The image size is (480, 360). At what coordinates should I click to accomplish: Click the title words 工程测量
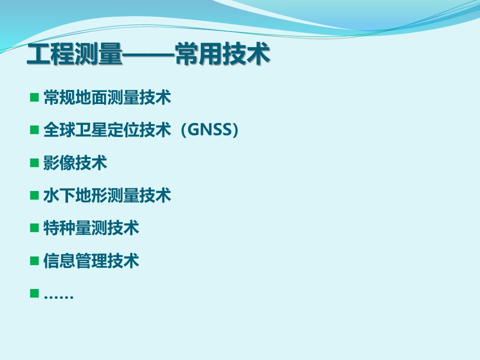tap(74, 54)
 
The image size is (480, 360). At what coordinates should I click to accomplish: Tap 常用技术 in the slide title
tap(222, 54)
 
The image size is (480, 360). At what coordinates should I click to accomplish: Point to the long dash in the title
tap(149, 55)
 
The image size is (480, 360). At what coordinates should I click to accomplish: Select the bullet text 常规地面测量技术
tap(107, 97)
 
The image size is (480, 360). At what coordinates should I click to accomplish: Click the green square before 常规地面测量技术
tap(34, 97)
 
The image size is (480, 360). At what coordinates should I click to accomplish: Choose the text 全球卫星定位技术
tap(107, 130)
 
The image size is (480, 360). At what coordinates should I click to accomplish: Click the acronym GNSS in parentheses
tap(209, 130)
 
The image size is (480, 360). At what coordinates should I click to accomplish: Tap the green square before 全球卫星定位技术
tap(34, 130)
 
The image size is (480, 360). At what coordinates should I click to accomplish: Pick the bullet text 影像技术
tap(75, 162)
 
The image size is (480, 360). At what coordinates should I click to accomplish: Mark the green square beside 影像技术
tap(34, 162)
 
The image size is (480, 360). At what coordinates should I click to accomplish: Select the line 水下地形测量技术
tap(107, 195)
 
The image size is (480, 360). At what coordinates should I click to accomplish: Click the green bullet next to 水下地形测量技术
tap(34, 195)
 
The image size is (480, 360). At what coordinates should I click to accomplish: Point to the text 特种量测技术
tap(91, 228)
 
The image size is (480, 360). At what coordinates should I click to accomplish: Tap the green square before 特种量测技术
tap(34, 228)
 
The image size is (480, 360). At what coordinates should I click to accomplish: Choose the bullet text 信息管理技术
tap(91, 261)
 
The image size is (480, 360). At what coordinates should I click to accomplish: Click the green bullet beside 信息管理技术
tap(34, 261)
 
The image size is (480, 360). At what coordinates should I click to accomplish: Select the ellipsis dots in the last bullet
tap(58, 296)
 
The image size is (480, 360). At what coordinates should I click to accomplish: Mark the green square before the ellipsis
tap(34, 293)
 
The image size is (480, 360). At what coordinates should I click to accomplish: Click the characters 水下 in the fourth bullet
tap(59, 195)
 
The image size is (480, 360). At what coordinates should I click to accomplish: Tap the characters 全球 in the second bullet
tap(59, 130)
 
